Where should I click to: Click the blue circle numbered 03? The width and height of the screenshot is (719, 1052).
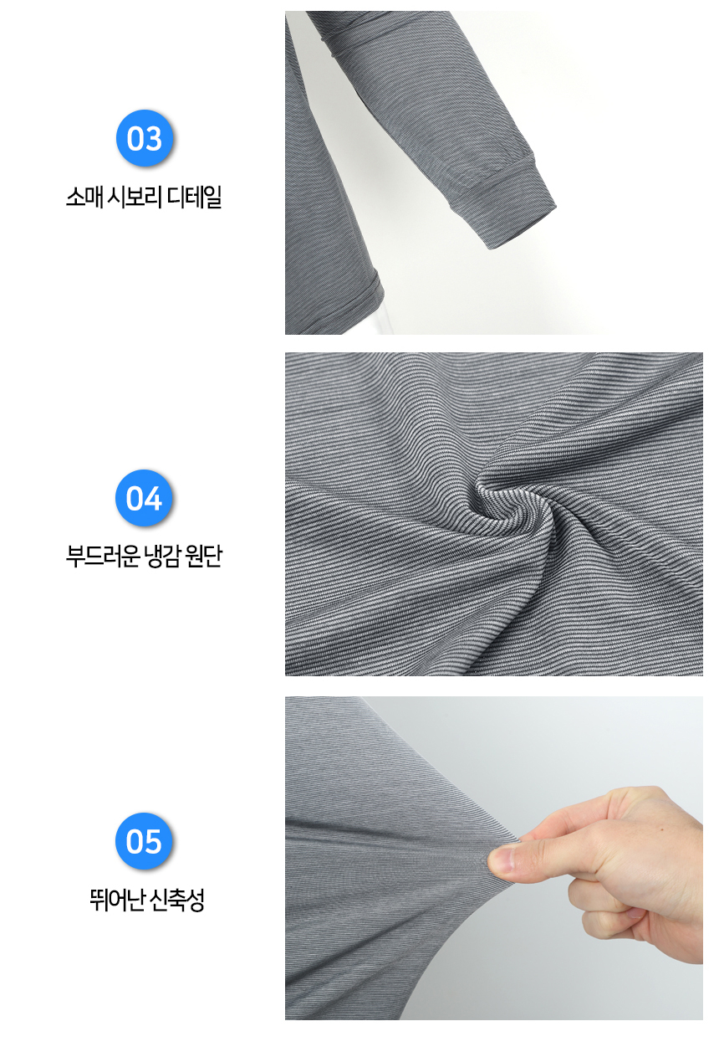click(x=145, y=138)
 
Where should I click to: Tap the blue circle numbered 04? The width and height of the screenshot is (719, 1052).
click(x=144, y=498)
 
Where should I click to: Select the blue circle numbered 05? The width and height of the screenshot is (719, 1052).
click(x=144, y=840)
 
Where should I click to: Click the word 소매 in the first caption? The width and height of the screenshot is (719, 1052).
click(x=84, y=198)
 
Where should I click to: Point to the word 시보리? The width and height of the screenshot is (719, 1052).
click(x=134, y=198)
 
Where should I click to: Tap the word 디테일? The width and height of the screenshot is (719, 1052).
click(x=194, y=198)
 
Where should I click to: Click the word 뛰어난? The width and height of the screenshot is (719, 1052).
click(x=116, y=900)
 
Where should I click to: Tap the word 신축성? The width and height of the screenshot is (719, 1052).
click(x=176, y=900)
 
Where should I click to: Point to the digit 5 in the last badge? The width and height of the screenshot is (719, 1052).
click(x=153, y=841)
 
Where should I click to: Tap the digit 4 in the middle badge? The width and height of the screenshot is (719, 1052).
click(x=153, y=498)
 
